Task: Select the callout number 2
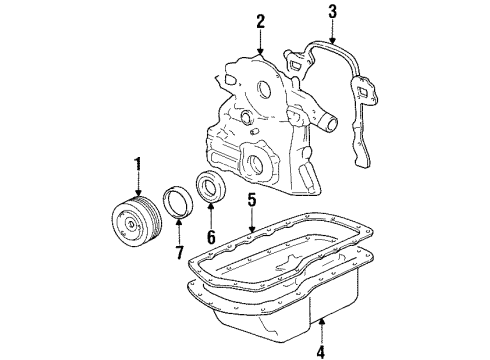point(260,19)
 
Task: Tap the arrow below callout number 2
point(260,42)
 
